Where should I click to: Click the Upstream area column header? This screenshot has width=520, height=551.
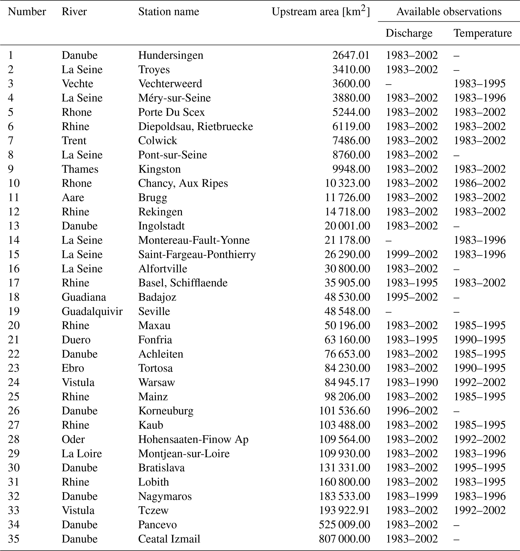click(321, 12)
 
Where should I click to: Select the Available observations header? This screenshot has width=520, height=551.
click(449, 12)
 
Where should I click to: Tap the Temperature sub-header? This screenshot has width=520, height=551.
click(482, 33)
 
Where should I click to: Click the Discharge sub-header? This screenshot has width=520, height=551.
click(409, 33)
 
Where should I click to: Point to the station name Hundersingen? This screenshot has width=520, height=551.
click(171, 55)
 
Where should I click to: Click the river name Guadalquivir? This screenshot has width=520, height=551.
click(92, 311)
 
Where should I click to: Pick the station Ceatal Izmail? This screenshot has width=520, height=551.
click(169, 539)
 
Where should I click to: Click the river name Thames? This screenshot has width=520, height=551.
click(80, 169)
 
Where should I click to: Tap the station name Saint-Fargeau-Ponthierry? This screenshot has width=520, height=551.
click(197, 254)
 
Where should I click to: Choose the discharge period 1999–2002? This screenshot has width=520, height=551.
click(412, 254)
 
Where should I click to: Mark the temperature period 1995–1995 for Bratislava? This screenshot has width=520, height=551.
click(479, 467)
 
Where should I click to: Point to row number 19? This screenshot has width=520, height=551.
click(14, 311)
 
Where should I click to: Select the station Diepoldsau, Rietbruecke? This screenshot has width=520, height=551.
click(195, 126)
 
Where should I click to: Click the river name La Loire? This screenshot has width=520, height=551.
click(82, 453)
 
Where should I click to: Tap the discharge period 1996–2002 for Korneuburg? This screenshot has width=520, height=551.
click(412, 411)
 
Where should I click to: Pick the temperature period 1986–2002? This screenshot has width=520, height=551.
click(479, 183)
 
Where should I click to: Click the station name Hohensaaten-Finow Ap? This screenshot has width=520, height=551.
click(193, 439)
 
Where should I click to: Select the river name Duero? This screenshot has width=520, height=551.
click(76, 340)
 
